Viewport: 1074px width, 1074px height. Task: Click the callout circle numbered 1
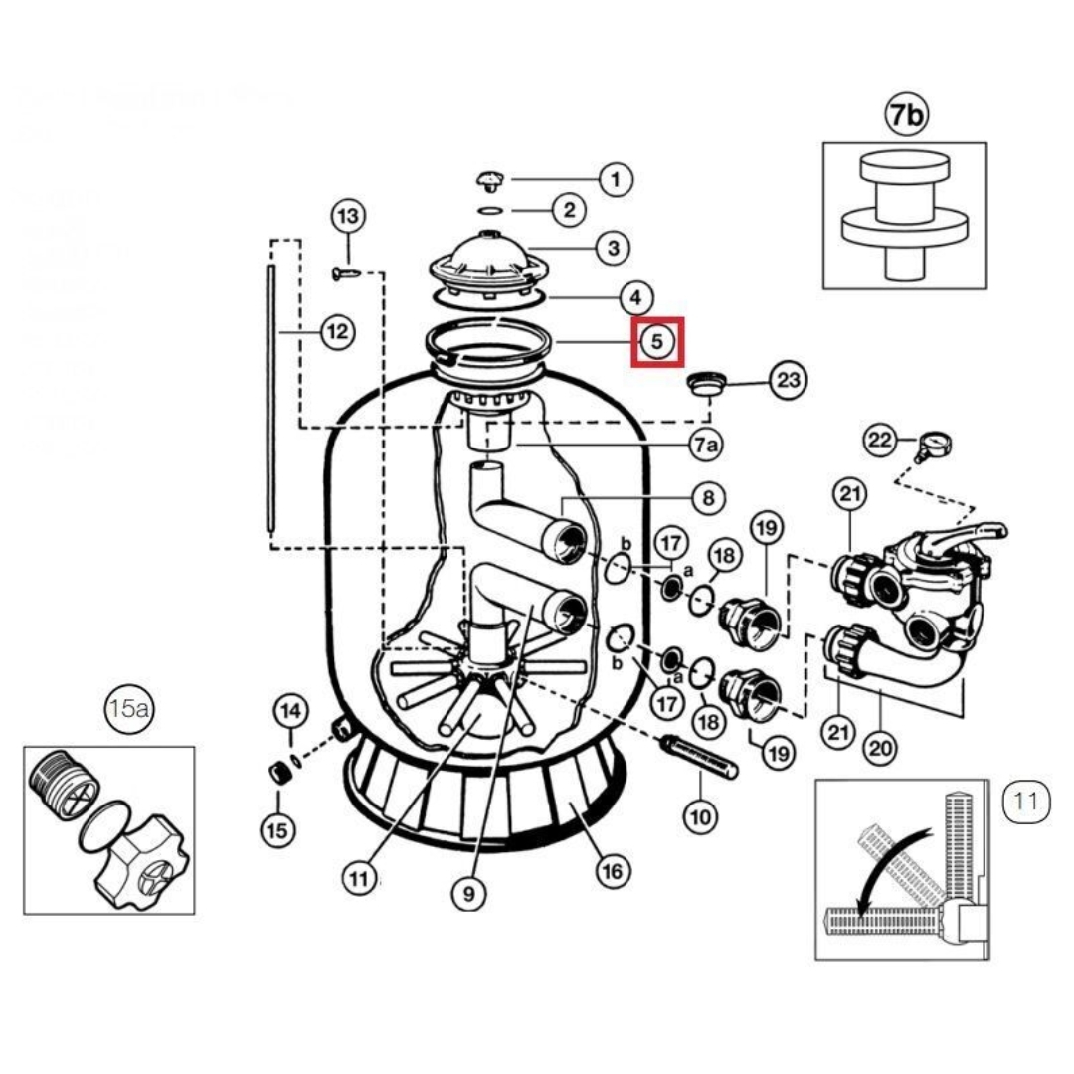616,179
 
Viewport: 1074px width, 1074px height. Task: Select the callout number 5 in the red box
656,341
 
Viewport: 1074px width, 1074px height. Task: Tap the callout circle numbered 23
789,379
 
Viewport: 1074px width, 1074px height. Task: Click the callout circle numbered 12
337,331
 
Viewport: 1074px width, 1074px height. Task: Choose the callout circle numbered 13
348,216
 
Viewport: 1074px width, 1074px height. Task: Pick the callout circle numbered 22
881,440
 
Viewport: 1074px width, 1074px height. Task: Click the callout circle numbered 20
878,747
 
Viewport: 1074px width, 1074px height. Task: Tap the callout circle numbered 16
613,871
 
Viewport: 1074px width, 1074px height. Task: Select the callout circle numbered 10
700,817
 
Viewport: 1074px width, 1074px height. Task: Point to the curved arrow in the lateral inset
890,862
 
